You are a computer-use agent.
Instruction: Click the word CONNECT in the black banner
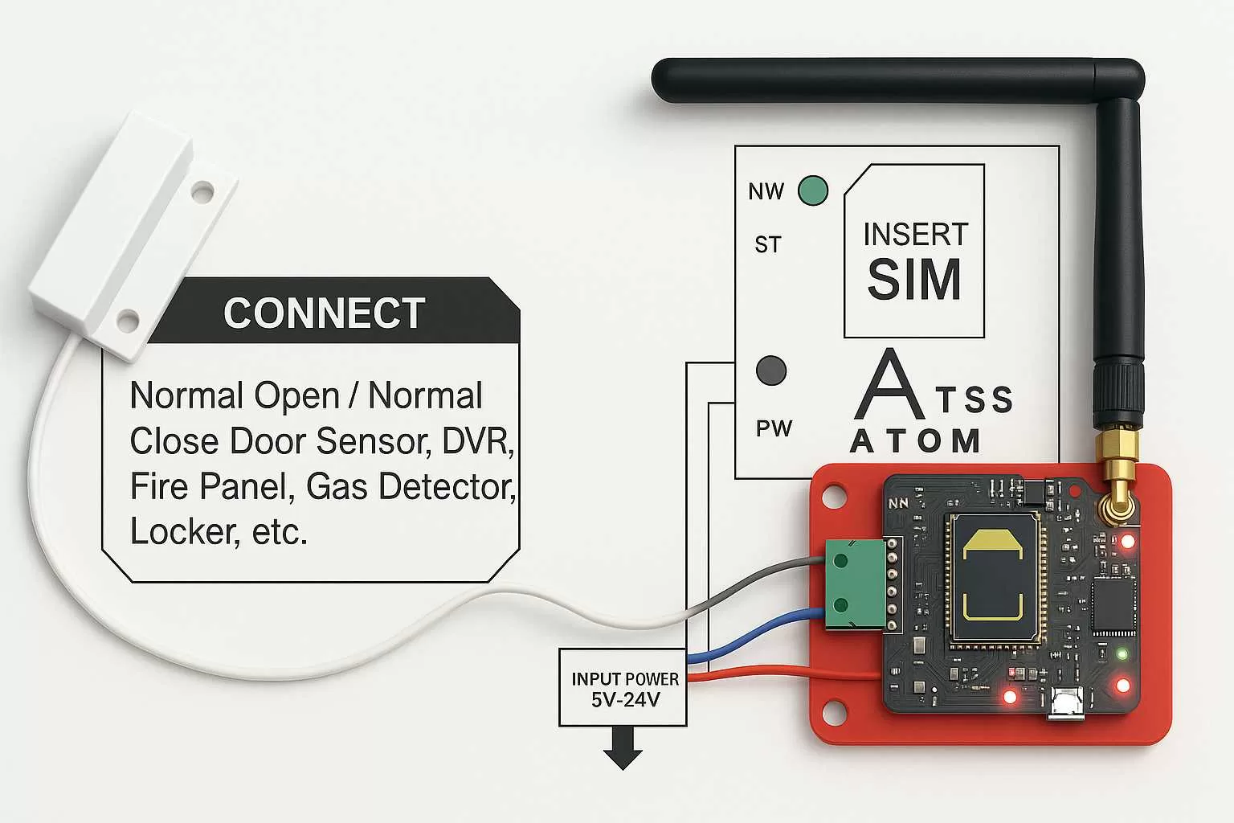pos(324,313)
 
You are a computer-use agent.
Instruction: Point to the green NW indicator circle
pos(812,190)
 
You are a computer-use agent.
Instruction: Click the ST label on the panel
pos(767,244)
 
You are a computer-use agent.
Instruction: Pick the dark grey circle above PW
pos(771,370)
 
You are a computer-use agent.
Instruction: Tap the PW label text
pos(774,428)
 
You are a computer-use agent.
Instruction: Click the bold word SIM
pos(914,280)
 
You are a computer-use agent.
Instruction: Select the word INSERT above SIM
pos(915,235)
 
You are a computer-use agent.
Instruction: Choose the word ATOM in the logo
pos(915,441)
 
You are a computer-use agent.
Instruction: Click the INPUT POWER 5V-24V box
pos(623,688)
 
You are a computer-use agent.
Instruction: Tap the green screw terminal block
pos(841,584)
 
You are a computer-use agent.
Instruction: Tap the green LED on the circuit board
pos(1122,653)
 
